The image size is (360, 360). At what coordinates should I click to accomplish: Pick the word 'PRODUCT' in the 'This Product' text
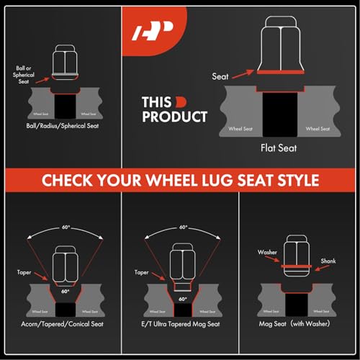(175, 117)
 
